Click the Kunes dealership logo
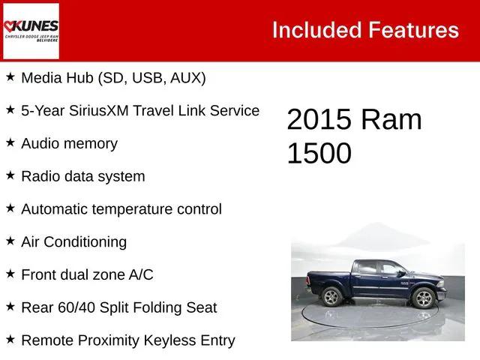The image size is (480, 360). [x=31, y=31]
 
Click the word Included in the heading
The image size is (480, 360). [x=316, y=30]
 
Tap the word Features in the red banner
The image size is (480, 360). [x=414, y=30]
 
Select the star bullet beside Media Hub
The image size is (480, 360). [x=10, y=76]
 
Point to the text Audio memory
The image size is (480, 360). [x=69, y=143]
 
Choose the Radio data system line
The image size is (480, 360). [x=82, y=176]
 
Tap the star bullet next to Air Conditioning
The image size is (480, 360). [x=10, y=241]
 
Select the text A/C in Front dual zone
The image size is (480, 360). [x=140, y=274]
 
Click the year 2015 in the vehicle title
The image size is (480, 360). [x=319, y=120]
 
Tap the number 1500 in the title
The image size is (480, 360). [x=319, y=153]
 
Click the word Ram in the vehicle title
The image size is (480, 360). [x=391, y=120]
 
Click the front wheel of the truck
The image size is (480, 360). [x=424, y=298]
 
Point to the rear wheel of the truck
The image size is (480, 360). [x=332, y=296]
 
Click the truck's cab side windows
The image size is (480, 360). [x=380, y=268]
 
